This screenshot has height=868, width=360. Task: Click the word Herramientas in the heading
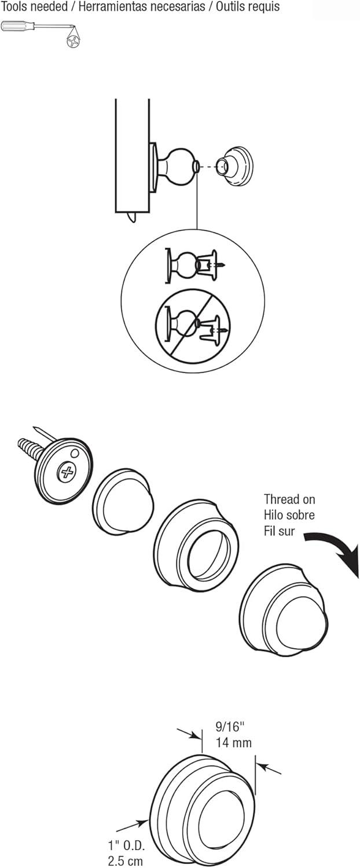tap(113, 7)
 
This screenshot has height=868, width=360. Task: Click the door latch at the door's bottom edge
tap(132, 218)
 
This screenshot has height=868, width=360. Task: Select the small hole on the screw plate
tap(75, 453)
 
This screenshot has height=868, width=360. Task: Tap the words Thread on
tap(289, 499)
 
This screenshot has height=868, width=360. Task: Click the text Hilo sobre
tap(289, 514)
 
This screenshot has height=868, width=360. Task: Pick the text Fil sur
tap(280, 531)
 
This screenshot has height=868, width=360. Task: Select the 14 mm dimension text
tap(234, 742)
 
